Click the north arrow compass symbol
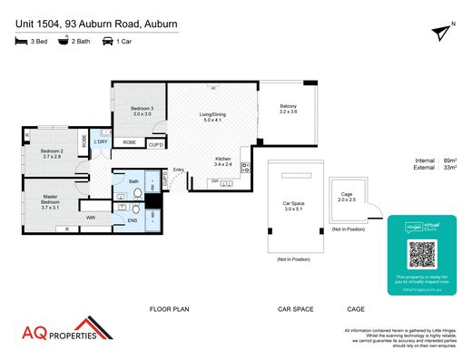442,34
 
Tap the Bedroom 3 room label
141,111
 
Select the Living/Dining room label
212,116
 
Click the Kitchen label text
222,161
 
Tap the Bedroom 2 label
50,153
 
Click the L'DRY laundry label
101,142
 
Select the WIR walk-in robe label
91,218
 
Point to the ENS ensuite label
132,219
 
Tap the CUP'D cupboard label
156,144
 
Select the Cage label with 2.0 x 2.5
346,196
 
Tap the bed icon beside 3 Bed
21,42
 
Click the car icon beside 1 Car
107,42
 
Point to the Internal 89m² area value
447,160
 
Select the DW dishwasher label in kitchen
214,180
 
